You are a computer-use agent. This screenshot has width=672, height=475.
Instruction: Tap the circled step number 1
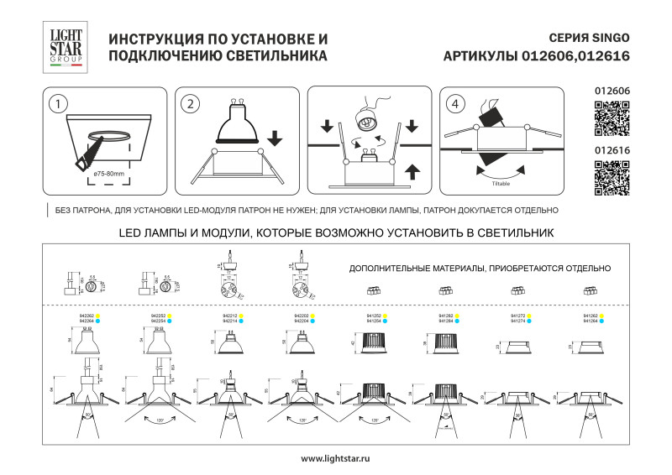[57, 104]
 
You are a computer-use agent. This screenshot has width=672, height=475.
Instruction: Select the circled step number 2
[192, 104]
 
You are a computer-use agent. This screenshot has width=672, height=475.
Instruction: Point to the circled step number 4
[455, 104]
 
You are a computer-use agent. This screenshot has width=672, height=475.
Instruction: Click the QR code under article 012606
[612, 118]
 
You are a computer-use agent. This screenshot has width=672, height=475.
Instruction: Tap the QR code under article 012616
[612, 177]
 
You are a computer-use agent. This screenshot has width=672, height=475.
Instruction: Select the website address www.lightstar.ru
[335, 458]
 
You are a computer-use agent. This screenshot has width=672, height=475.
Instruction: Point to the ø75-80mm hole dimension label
[109, 173]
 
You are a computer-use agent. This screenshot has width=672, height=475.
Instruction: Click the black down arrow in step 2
[275, 136]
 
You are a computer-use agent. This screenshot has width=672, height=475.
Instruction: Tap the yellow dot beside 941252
[386, 316]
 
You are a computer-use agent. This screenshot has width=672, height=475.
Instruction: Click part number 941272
[517, 316]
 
